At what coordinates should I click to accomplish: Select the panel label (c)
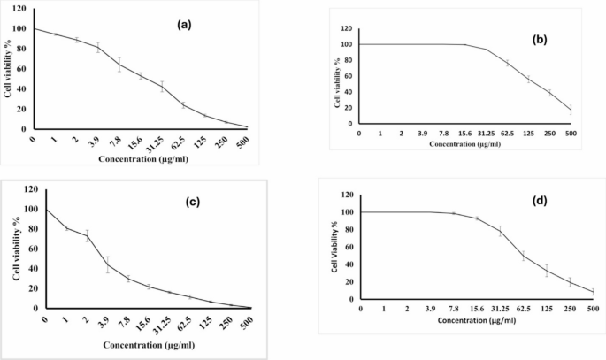coord(188,201)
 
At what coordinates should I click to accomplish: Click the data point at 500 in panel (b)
coord(571,110)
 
